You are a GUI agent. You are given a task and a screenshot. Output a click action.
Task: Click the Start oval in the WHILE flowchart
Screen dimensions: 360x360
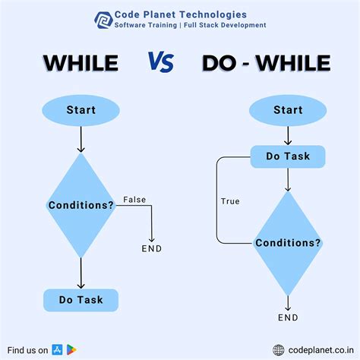click(x=81, y=111)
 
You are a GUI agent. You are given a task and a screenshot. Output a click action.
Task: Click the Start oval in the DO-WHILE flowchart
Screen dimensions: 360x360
click(x=288, y=111)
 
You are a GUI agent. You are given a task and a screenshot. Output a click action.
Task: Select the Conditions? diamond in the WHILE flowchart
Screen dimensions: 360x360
click(x=81, y=206)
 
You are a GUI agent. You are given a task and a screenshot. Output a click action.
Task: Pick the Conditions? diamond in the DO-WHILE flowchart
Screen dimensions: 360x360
click(x=288, y=243)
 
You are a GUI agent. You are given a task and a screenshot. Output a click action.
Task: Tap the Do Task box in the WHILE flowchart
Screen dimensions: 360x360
click(x=81, y=299)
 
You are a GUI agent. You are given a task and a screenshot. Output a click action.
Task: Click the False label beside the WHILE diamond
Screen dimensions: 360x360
click(x=134, y=200)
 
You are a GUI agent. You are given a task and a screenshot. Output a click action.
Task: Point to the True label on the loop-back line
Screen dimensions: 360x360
click(x=230, y=201)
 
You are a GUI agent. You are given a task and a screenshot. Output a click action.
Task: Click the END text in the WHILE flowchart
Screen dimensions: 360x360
click(x=152, y=248)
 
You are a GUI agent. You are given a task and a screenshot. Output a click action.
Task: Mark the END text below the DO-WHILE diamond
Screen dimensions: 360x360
click(x=288, y=317)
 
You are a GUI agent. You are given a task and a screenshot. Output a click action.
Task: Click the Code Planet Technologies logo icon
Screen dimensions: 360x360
click(x=102, y=19)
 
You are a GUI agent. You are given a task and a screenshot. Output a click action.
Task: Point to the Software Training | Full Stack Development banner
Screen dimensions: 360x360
click(x=190, y=25)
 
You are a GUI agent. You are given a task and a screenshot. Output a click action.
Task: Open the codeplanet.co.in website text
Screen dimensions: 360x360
click(x=320, y=349)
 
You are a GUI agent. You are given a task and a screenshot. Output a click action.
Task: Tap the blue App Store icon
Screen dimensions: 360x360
click(x=57, y=349)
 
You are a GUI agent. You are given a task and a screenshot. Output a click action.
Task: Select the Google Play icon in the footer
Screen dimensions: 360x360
click(x=71, y=349)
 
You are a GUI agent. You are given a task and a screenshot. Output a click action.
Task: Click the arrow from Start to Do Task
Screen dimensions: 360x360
click(x=288, y=136)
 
